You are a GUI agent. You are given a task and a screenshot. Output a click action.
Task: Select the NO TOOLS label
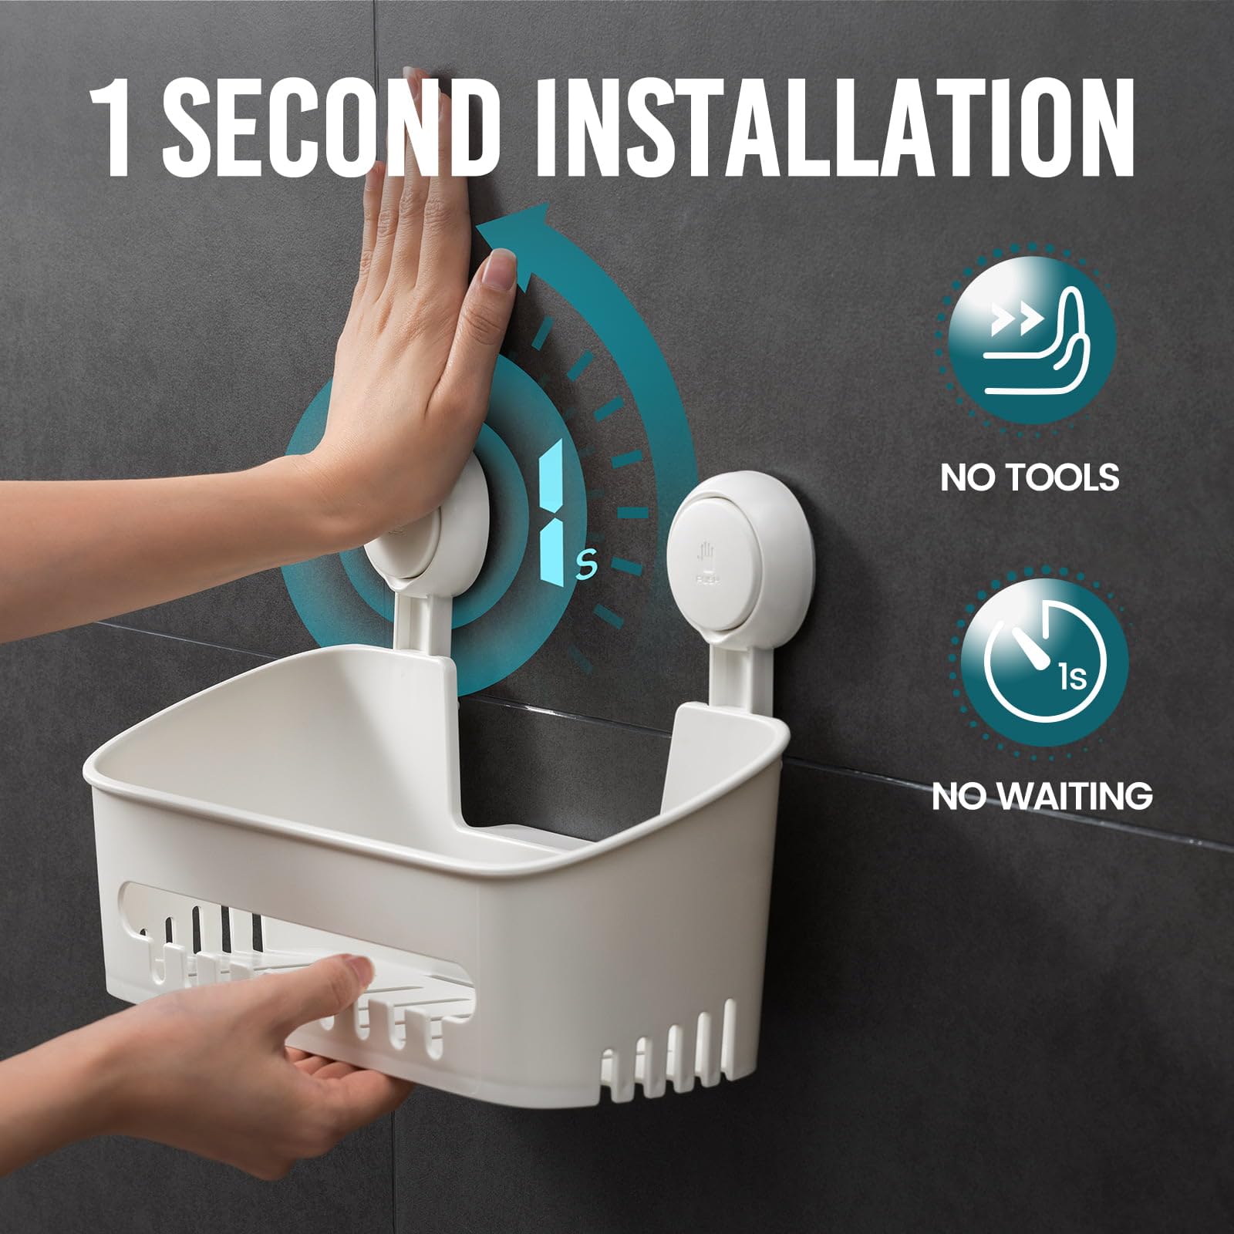click(1030, 477)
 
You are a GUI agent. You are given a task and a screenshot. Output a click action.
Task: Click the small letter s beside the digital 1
click(588, 566)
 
